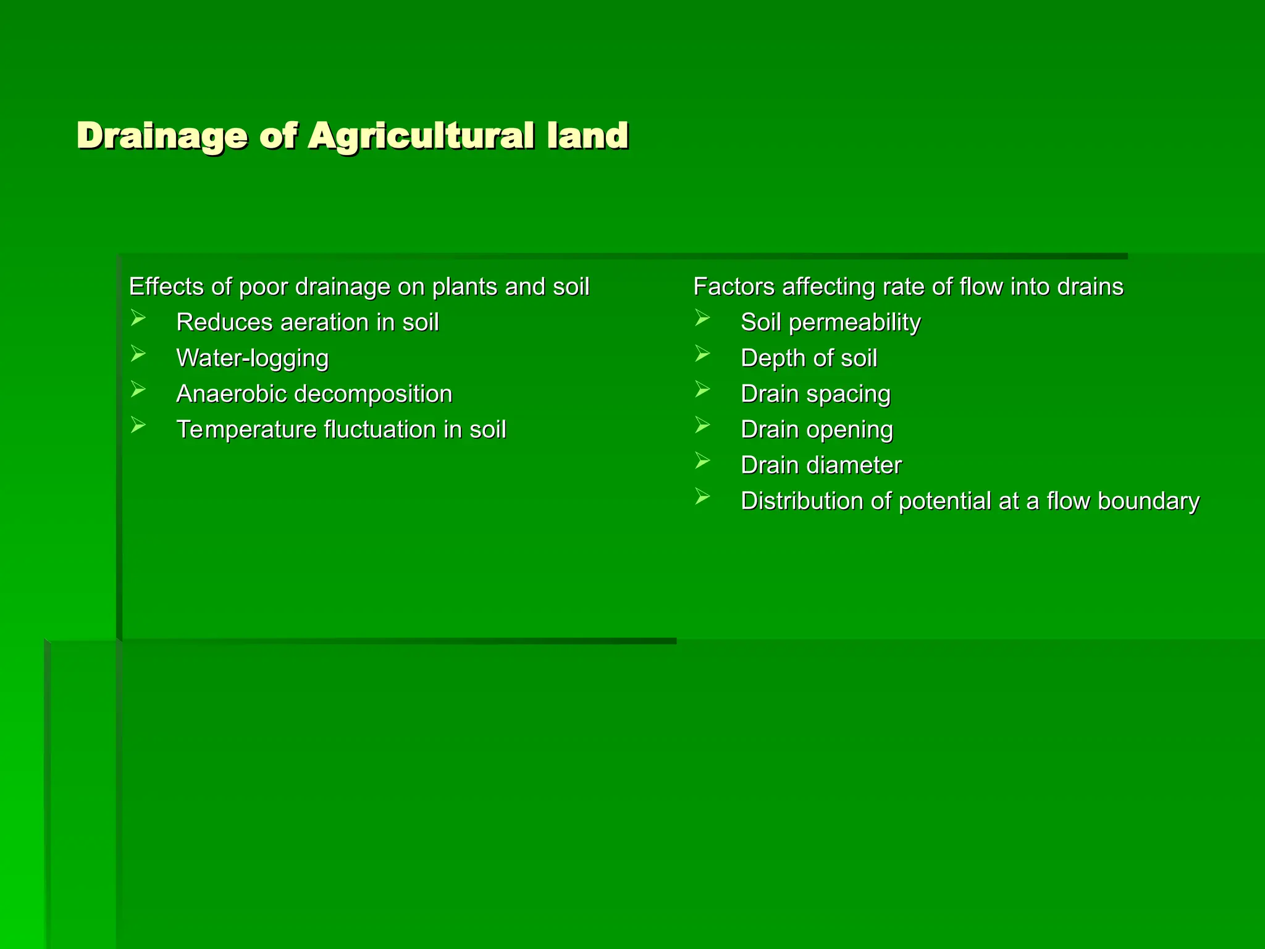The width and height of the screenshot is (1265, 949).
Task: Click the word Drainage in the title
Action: [162, 136]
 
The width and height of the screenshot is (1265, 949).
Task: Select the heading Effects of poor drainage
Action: [359, 287]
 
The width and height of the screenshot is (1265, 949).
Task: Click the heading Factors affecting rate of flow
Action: [908, 287]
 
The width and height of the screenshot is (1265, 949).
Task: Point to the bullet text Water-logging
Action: [252, 358]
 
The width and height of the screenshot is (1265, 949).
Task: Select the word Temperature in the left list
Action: [246, 429]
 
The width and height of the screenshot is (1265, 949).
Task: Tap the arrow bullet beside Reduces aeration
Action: [138, 319]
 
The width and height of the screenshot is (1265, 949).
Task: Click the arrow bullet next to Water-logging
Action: [138, 355]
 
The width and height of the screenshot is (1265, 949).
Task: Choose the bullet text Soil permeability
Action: [830, 323]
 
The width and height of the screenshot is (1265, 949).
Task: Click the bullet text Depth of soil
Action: [809, 358]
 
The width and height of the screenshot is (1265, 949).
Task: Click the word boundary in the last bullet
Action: [1148, 501]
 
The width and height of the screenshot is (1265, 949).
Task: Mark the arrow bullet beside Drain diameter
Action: [702, 461]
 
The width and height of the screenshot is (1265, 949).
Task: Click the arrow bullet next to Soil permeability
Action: [702, 319]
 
